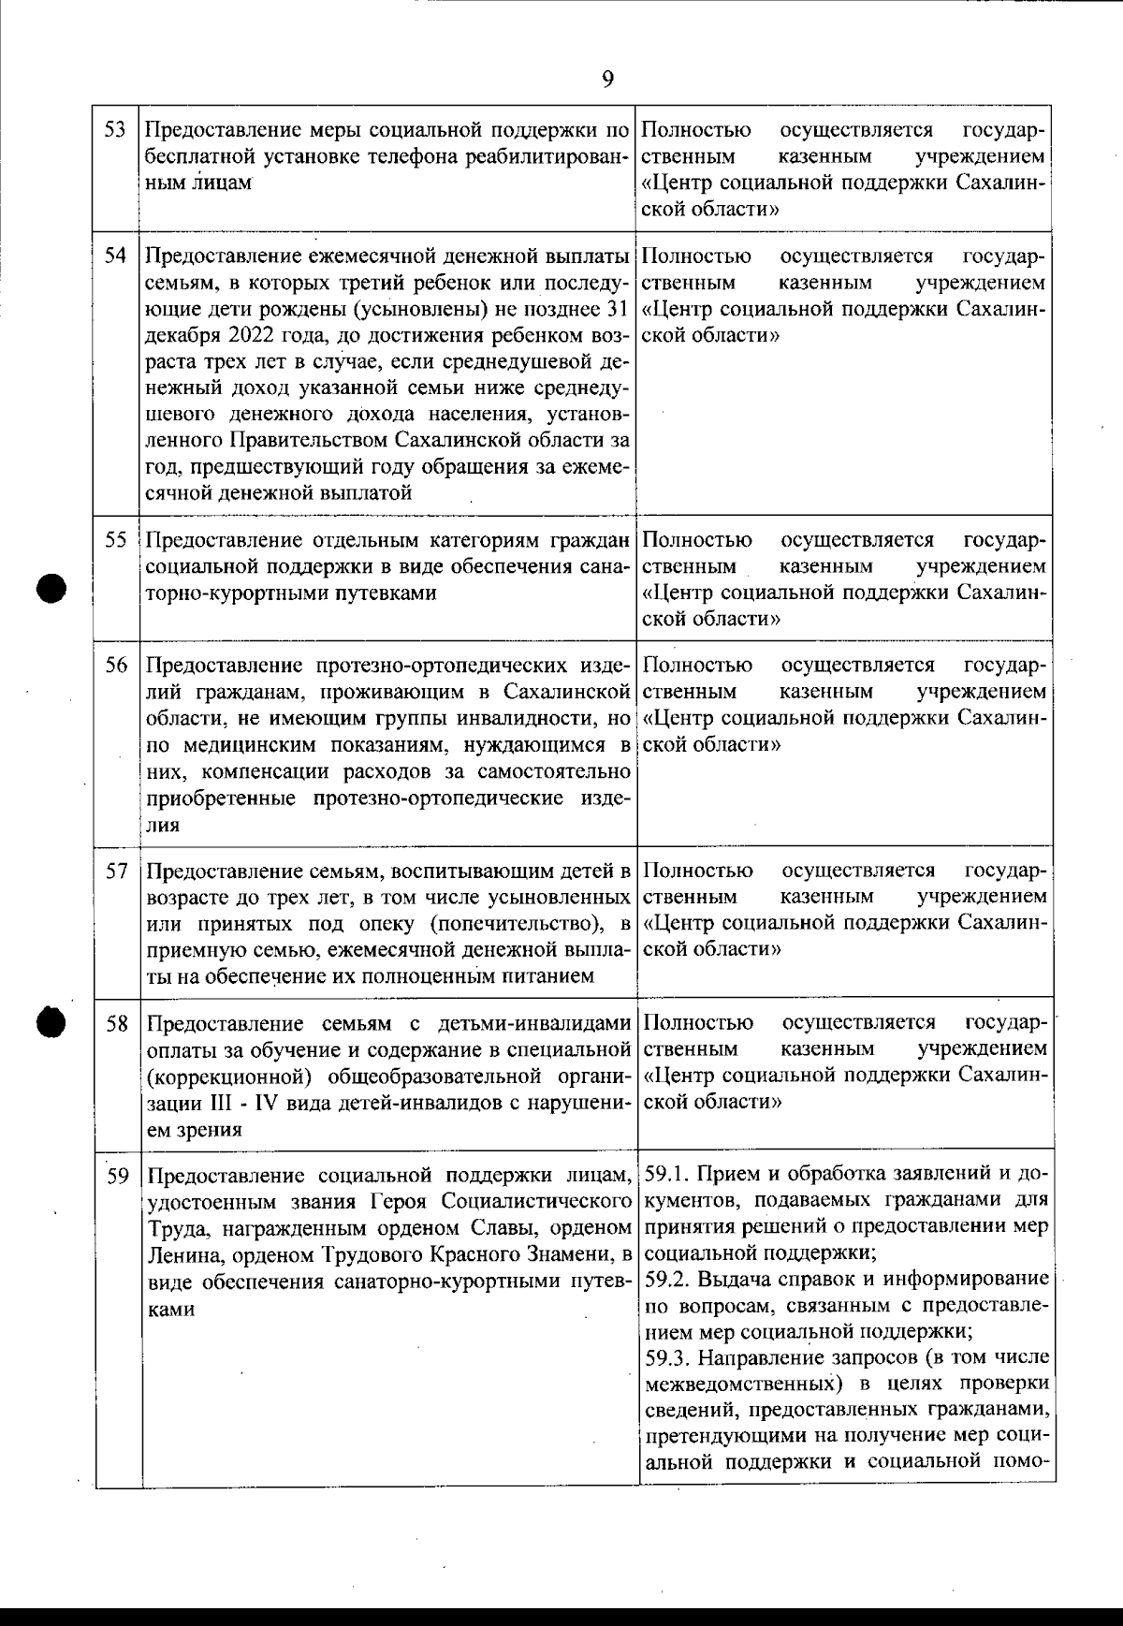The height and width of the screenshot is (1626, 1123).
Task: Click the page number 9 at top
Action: [607, 79]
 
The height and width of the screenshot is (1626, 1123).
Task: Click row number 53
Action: [115, 129]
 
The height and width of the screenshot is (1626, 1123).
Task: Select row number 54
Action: [115, 256]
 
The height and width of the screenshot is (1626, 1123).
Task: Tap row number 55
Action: [115, 540]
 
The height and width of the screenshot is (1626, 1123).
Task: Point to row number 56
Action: [115, 666]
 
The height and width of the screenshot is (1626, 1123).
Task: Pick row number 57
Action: [115, 872]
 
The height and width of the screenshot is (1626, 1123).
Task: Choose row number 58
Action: [115, 1023]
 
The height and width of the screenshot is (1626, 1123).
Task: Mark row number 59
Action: [115, 1175]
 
